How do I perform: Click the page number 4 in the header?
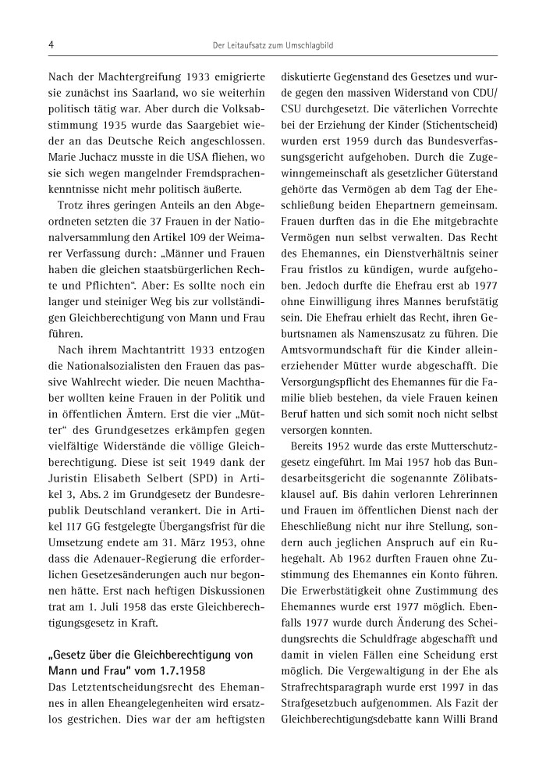(x=50, y=46)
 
